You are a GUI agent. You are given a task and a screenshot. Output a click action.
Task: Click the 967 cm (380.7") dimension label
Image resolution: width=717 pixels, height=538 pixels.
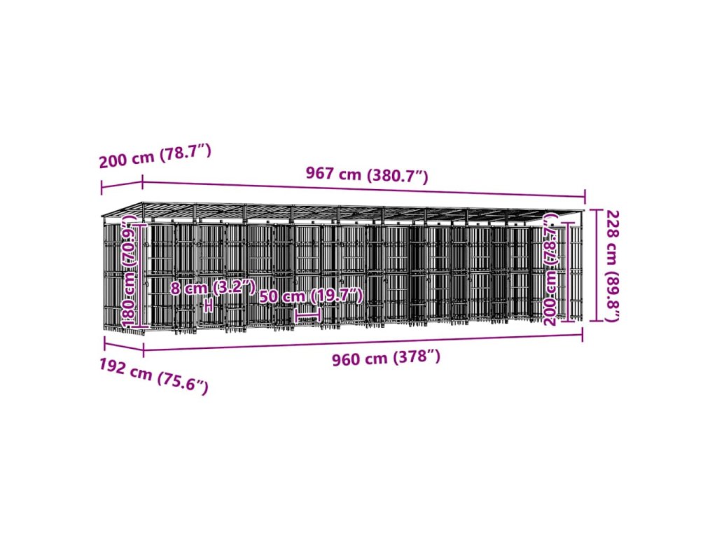tap(366, 174)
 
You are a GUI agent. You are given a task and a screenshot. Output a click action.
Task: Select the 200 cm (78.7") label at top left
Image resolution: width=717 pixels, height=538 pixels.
tap(155, 156)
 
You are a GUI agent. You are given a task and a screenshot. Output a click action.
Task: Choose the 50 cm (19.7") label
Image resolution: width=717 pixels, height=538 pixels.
tap(311, 296)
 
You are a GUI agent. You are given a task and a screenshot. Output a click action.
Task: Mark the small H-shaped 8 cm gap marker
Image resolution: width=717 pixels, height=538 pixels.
tap(208, 305)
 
